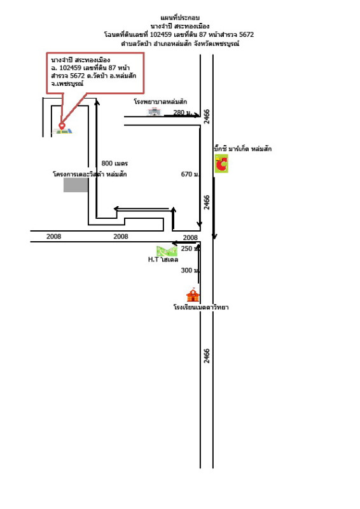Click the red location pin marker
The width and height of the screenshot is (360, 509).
(62, 125)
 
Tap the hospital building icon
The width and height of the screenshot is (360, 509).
(155, 112)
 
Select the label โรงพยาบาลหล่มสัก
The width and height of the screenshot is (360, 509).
(160, 102)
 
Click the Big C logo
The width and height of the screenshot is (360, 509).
(221, 164)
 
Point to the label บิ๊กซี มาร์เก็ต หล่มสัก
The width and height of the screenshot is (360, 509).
(243, 149)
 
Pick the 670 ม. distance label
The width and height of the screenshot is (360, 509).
(190, 174)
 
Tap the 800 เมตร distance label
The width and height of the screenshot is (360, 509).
(114, 164)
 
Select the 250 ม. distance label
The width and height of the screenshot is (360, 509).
(190, 249)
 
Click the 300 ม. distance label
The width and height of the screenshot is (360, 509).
(190, 270)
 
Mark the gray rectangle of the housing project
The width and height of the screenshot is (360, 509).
(76, 185)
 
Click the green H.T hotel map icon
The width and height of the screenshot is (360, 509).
(167, 251)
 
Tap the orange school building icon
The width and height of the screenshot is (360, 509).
(193, 295)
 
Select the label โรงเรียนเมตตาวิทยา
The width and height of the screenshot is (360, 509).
(201, 307)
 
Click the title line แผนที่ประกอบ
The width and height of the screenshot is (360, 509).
(180, 18)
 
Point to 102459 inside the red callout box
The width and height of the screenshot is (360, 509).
(71, 67)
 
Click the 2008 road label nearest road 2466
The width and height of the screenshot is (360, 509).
(190, 237)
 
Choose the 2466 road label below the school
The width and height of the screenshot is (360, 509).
(207, 356)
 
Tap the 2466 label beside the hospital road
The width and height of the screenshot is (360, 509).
(207, 116)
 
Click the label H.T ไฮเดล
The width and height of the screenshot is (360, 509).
(163, 260)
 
